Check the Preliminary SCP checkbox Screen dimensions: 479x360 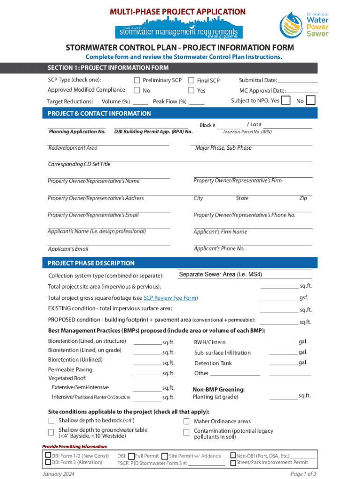coord(137,80)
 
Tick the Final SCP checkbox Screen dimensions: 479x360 coord(191,80)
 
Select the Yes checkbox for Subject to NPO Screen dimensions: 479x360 coord(286,100)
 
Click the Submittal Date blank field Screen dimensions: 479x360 coord(297,80)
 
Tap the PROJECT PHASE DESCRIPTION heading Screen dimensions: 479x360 coord(91,263)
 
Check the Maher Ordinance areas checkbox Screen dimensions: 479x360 coord(186,421)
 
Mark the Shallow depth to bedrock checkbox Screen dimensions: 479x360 coord(51,420)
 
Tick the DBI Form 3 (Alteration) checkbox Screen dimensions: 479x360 coord(48,463)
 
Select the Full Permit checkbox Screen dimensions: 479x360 coord(131,456)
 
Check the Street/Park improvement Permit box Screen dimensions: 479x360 coord(233,463)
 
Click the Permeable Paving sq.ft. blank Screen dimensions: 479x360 coord(148,373)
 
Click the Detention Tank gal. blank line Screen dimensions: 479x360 coord(284,363)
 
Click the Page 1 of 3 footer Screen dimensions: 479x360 coord(303,473)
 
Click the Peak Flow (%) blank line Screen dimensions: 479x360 coord(197,102)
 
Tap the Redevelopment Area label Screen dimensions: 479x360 coord(73,148)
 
